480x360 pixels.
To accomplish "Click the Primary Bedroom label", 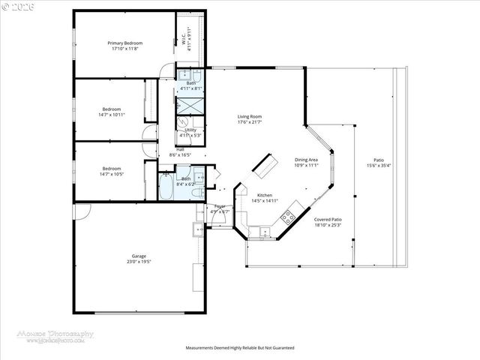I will tap(124, 43).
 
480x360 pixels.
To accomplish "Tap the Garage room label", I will tap(139, 256).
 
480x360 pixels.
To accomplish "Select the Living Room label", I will tap(249, 117).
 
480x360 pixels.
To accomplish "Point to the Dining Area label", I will tap(306, 160).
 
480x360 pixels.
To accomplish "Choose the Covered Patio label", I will tap(328, 220).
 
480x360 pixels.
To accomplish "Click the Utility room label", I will tap(186, 130).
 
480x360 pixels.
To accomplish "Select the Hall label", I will tap(181, 149).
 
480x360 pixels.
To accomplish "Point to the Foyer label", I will tap(220, 205).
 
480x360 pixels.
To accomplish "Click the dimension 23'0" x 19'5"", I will tap(139, 262).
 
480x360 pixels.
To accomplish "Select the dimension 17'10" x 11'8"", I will tap(124, 49).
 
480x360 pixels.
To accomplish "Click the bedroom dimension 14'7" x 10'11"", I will tap(112, 114).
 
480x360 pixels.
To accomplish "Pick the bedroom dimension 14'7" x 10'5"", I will tap(112, 173).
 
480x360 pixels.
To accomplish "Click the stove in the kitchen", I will tap(287, 217).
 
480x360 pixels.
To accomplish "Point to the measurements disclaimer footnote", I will tap(240, 348).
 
